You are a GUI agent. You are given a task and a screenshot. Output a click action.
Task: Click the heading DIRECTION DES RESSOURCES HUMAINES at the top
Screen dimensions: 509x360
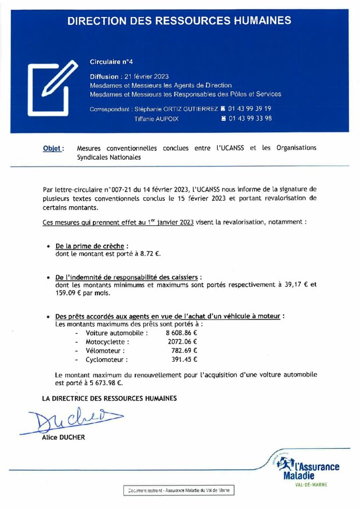point(180,21)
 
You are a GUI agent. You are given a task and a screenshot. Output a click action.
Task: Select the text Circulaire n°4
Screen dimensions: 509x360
point(111,62)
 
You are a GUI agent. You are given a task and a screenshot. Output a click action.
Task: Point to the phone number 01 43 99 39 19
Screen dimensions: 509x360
point(250,108)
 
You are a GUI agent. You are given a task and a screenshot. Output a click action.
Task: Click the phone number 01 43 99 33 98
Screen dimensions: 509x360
point(250,119)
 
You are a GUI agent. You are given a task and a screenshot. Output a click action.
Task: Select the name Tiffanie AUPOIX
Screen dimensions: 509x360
point(156,119)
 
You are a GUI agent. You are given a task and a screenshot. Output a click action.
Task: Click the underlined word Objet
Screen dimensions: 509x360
point(52,148)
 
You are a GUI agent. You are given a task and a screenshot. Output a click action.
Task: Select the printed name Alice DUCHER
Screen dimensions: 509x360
point(64,437)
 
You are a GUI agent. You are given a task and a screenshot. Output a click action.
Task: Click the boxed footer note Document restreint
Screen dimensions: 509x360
point(179,491)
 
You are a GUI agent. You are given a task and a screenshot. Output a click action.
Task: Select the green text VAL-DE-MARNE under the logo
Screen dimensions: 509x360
point(311,485)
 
